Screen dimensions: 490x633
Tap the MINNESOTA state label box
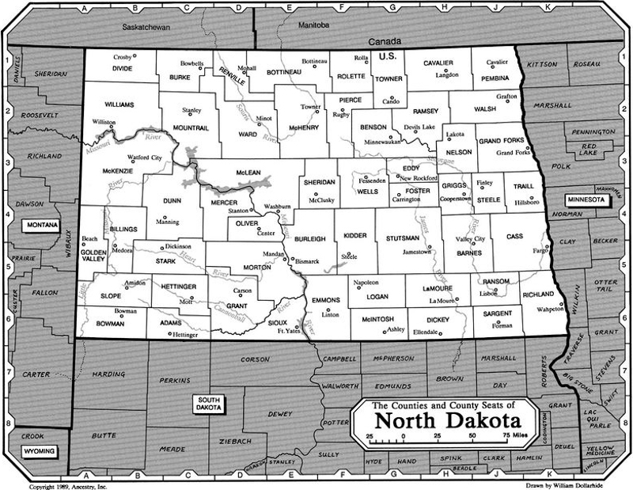coord(585,200)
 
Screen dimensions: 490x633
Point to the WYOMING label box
coord(38,451)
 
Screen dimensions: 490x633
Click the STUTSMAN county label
coord(401,237)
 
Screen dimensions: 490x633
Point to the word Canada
coord(387,40)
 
